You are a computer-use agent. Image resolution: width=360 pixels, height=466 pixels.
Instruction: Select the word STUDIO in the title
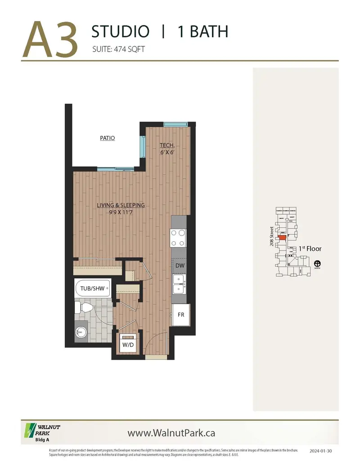(120, 32)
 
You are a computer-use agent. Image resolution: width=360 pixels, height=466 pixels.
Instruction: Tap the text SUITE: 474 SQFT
(118, 50)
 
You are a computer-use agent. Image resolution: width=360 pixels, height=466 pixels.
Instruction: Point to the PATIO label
(108, 138)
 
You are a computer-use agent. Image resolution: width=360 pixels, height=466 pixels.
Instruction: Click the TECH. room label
(167, 145)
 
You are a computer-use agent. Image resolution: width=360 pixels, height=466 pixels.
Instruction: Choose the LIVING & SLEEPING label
(121, 205)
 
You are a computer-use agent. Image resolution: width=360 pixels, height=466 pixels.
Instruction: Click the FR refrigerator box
(181, 314)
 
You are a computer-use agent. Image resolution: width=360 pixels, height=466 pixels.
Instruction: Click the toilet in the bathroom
(84, 308)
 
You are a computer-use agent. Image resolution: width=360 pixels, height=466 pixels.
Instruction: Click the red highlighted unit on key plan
(282, 236)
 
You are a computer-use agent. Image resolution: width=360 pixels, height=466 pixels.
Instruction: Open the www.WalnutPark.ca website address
(171, 433)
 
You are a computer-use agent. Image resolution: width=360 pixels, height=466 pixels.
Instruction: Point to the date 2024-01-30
(321, 450)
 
